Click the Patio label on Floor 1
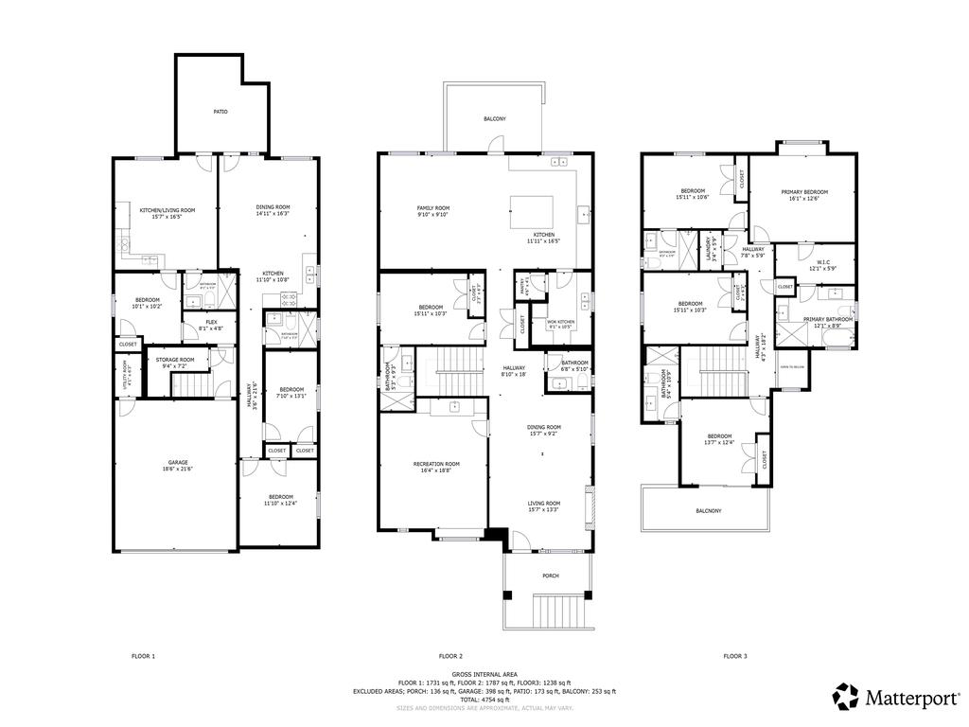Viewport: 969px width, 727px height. [x=220, y=112]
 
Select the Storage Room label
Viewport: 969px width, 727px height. [x=175, y=360]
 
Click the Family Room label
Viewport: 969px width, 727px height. [x=433, y=208]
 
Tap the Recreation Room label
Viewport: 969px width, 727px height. [x=436, y=464]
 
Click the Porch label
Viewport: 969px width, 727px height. [x=550, y=575]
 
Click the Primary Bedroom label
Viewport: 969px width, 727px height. [x=804, y=192]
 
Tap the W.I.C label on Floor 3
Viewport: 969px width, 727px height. [x=821, y=265]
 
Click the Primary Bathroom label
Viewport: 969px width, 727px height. [x=828, y=320]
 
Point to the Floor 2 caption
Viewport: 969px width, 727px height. [x=450, y=656]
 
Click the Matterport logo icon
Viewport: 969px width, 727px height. [x=845, y=697]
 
